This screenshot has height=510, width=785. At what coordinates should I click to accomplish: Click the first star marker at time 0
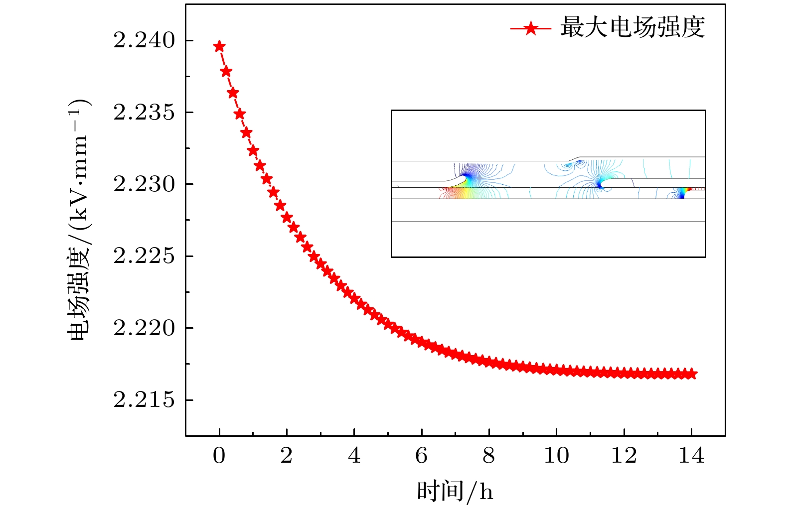pyautogui.click(x=219, y=47)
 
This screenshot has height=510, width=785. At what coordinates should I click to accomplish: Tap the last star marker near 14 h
pyautogui.click(x=691, y=374)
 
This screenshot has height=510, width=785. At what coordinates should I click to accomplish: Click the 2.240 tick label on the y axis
pyautogui.click(x=145, y=41)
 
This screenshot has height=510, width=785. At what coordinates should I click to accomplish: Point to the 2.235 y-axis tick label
pyautogui.click(x=145, y=113)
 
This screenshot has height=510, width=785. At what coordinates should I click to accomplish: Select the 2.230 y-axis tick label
pyautogui.click(x=145, y=184)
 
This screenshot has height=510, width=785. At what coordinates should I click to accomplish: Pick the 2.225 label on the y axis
pyautogui.click(x=145, y=256)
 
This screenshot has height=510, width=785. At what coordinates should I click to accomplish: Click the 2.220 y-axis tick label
pyautogui.click(x=145, y=328)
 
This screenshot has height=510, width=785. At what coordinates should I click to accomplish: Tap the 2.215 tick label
pyautogui.click(x=145, y=400)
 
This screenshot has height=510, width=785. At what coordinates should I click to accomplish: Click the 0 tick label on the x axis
pyautogui.click(x=219, y=455)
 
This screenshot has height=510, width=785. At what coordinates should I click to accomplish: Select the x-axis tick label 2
pyautogui.click(x=287, y=455)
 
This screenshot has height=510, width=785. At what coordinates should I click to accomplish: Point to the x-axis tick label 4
pyautogui.click(x=354, y=455)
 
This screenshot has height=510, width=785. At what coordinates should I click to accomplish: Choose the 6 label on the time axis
pyautogui.click(x=422, y=455)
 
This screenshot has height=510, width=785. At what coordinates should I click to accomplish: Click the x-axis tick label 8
pyautogui.click(x=489, y=455)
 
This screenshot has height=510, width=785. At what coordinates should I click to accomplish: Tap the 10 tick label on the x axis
pyautogui.click(x=556, y=455)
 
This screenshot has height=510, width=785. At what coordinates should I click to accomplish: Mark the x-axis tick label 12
pyautogui.click(x=624, y=455)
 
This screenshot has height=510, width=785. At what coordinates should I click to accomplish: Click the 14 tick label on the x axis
pyautogui.click(x=691, y=455)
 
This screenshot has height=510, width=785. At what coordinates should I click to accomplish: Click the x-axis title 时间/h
pyautogui.click(x=455, y=492)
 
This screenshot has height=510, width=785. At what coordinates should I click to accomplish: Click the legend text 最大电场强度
pyautogui.click(x=632, y=27)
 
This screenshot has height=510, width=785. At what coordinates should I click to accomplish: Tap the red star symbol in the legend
pyautogui.click(x=531, y=28)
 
